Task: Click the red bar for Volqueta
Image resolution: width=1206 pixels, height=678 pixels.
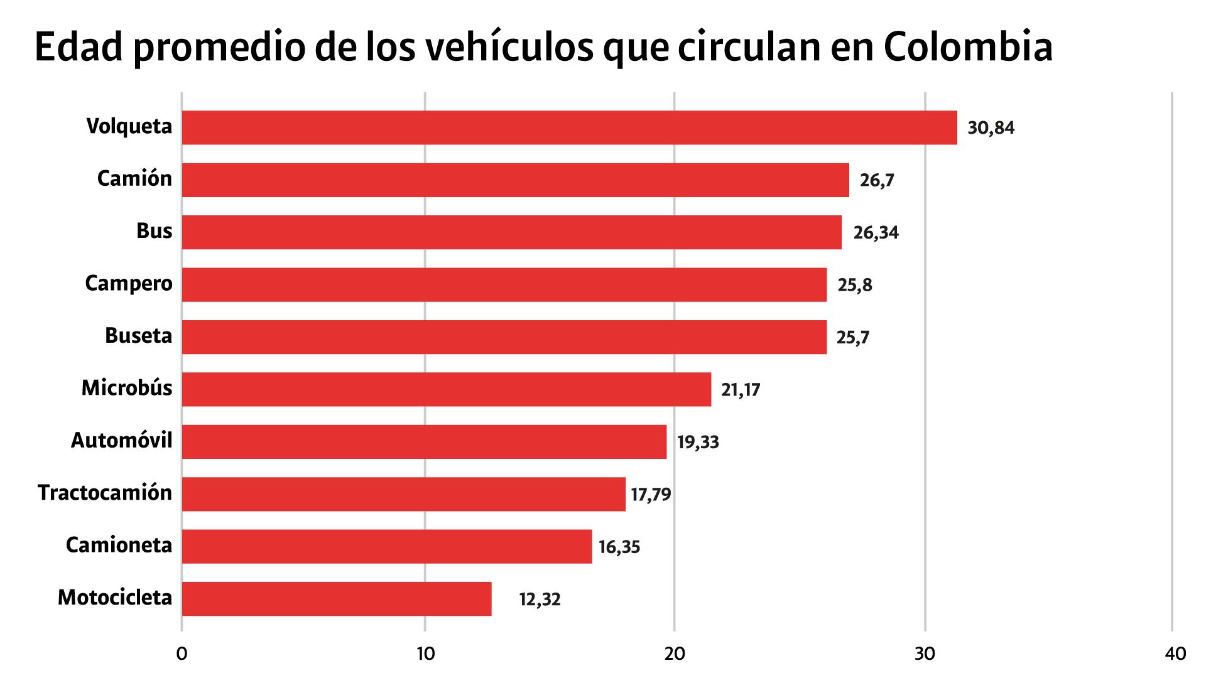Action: [x=569, y=127]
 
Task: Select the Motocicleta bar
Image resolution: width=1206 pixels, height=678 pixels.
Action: [x=337, y=598]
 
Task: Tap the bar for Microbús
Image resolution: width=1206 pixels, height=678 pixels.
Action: [x=446, y=389]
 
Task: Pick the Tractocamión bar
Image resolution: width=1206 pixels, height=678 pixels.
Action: [x=403, y=494]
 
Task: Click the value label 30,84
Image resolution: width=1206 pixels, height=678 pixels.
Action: [x=991, y=128]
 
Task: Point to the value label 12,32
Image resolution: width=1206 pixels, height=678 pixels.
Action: [x=540, y=600]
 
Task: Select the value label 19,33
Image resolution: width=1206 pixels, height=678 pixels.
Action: [x=698, y=442]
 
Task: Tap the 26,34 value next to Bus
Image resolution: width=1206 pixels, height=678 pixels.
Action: [x=876, y=233]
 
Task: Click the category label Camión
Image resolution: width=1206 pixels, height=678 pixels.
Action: [x=134, y=179]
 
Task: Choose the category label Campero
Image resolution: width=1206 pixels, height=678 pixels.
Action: [x=129, y=284]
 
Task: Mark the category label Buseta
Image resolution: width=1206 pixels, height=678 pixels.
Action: [x=138, y=336]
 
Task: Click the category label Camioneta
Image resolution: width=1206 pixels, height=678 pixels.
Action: [x=119, y=545]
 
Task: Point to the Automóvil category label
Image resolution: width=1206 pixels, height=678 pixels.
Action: [x=121, y=441]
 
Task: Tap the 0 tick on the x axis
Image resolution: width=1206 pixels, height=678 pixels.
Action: [x=182, y=654]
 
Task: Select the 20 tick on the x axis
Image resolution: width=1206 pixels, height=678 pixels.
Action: [x=674, y=654]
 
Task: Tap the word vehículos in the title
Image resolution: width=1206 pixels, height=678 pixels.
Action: [x=509, y=47]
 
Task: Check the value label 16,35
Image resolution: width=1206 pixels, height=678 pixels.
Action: [x=619, y=547]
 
